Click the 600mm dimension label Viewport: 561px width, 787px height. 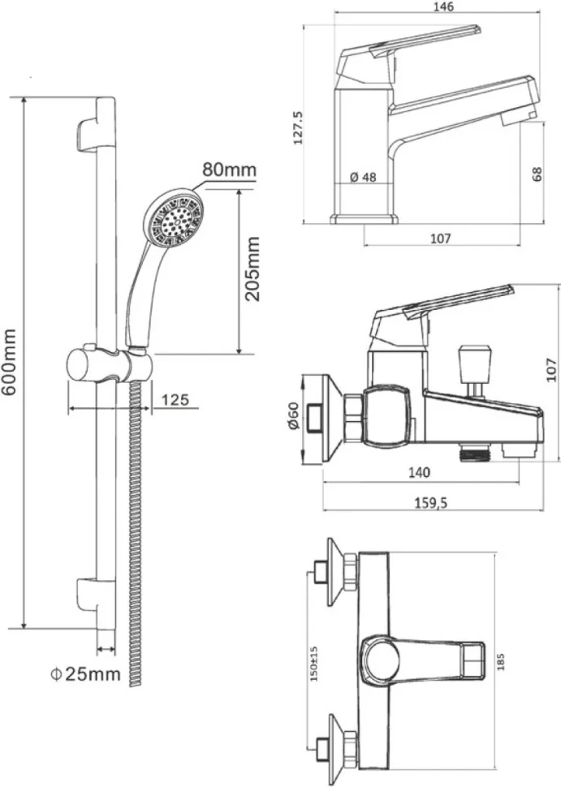click(x=9, y=362)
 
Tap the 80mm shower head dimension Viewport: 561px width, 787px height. click(x=230, y=170)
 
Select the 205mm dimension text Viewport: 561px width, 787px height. click(x=252, y=269)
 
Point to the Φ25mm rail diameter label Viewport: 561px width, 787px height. click(x=85, y=673)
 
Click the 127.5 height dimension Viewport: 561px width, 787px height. click(x=298, y=128)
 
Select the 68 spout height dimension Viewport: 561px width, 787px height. click(x=537, y=174)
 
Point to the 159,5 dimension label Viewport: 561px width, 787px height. click(x=431, y=503)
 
